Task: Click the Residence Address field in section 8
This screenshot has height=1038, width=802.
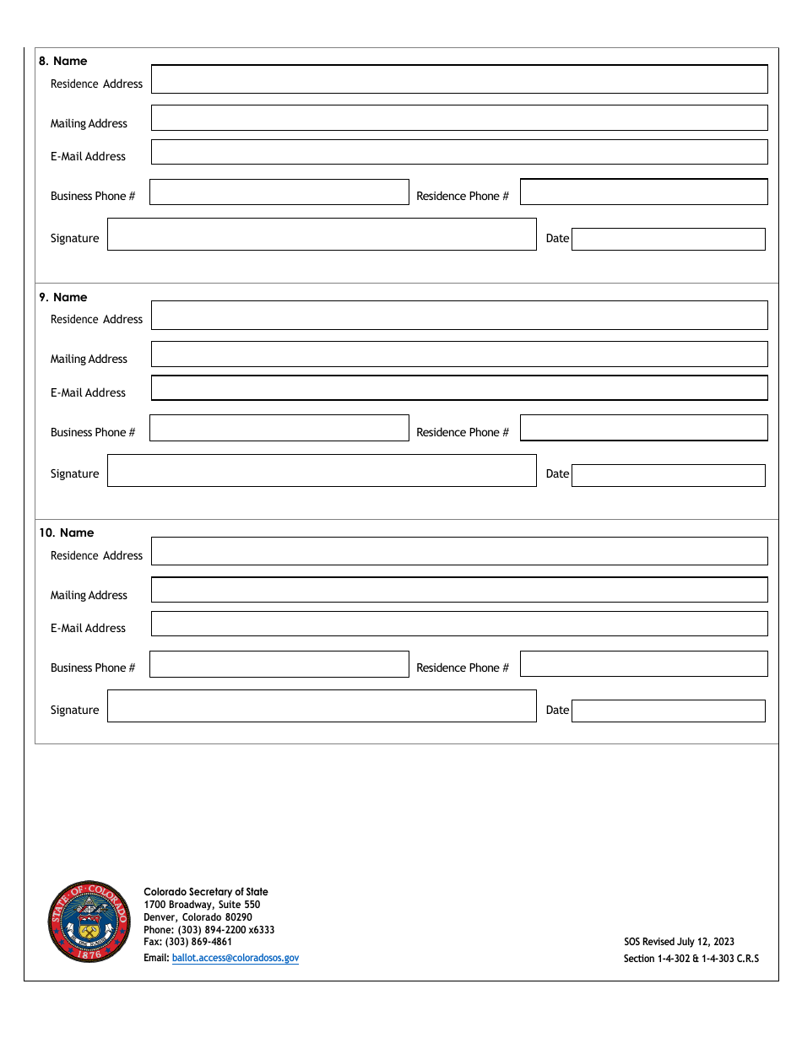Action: click(x=459, y=79)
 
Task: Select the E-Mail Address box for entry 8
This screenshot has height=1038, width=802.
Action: click(x=459, y=152)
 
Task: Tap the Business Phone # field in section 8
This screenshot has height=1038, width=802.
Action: click(x=279, y=192)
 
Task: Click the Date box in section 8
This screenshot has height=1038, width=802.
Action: click(x=669, y=239)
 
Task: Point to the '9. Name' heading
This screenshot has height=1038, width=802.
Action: click(x=63, y=297)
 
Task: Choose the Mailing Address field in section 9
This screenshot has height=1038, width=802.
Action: click(x=459, y=354)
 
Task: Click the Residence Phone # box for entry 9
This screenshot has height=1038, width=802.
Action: click(x=644, y=428)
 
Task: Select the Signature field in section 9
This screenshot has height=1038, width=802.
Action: click(x=322, y=470)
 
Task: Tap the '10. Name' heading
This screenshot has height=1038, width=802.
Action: click(x=67, y=533)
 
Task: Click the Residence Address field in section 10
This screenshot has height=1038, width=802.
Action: click(x=459, y=551)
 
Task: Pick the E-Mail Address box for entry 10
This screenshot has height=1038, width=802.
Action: click(x=459, y=624)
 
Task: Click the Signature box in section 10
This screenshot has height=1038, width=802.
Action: click(x=322, y=706)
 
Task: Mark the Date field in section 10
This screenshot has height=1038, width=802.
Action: click(x=669, y=711)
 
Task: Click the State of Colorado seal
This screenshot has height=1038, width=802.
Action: click(x=89, y=922)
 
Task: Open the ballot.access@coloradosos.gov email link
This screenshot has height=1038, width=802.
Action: click(x=235, y=958)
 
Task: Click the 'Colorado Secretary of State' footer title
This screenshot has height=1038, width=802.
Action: click(x=206, y=892)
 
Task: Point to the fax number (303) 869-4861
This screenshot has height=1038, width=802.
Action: click(x=187, y=942)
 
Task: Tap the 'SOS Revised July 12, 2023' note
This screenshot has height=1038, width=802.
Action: click(x=679, y=942)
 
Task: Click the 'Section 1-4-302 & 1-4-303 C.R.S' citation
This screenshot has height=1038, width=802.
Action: click(x=691, y=959)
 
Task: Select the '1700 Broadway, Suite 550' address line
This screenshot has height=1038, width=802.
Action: click(x=202, y=905)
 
